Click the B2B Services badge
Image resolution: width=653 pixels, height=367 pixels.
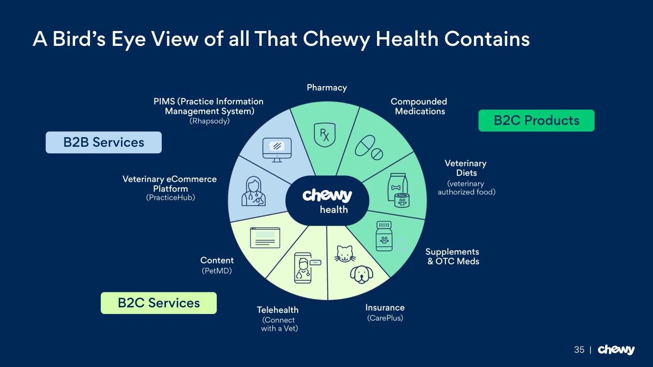click(x=103, y=142)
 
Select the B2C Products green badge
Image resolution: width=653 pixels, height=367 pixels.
click(x=536, y=120)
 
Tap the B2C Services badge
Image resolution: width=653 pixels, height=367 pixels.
click(x=158, y=303)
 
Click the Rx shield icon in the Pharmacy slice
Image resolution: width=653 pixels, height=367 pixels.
click(x=324, y=133)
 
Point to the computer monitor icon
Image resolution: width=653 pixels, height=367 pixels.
click(x=277, y=150)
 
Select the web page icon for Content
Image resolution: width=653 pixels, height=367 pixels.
click(x=265, y=237)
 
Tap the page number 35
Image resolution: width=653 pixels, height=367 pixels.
click(x=579, y=350)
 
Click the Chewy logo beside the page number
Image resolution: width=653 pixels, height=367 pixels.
click(x=616, y=350)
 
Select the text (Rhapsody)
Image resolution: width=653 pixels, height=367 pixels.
click(x=210, y=121)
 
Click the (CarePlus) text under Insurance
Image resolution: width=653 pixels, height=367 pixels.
click(x=385, y=318)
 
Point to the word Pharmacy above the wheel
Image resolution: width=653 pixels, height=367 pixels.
click(x=327, y=87)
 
